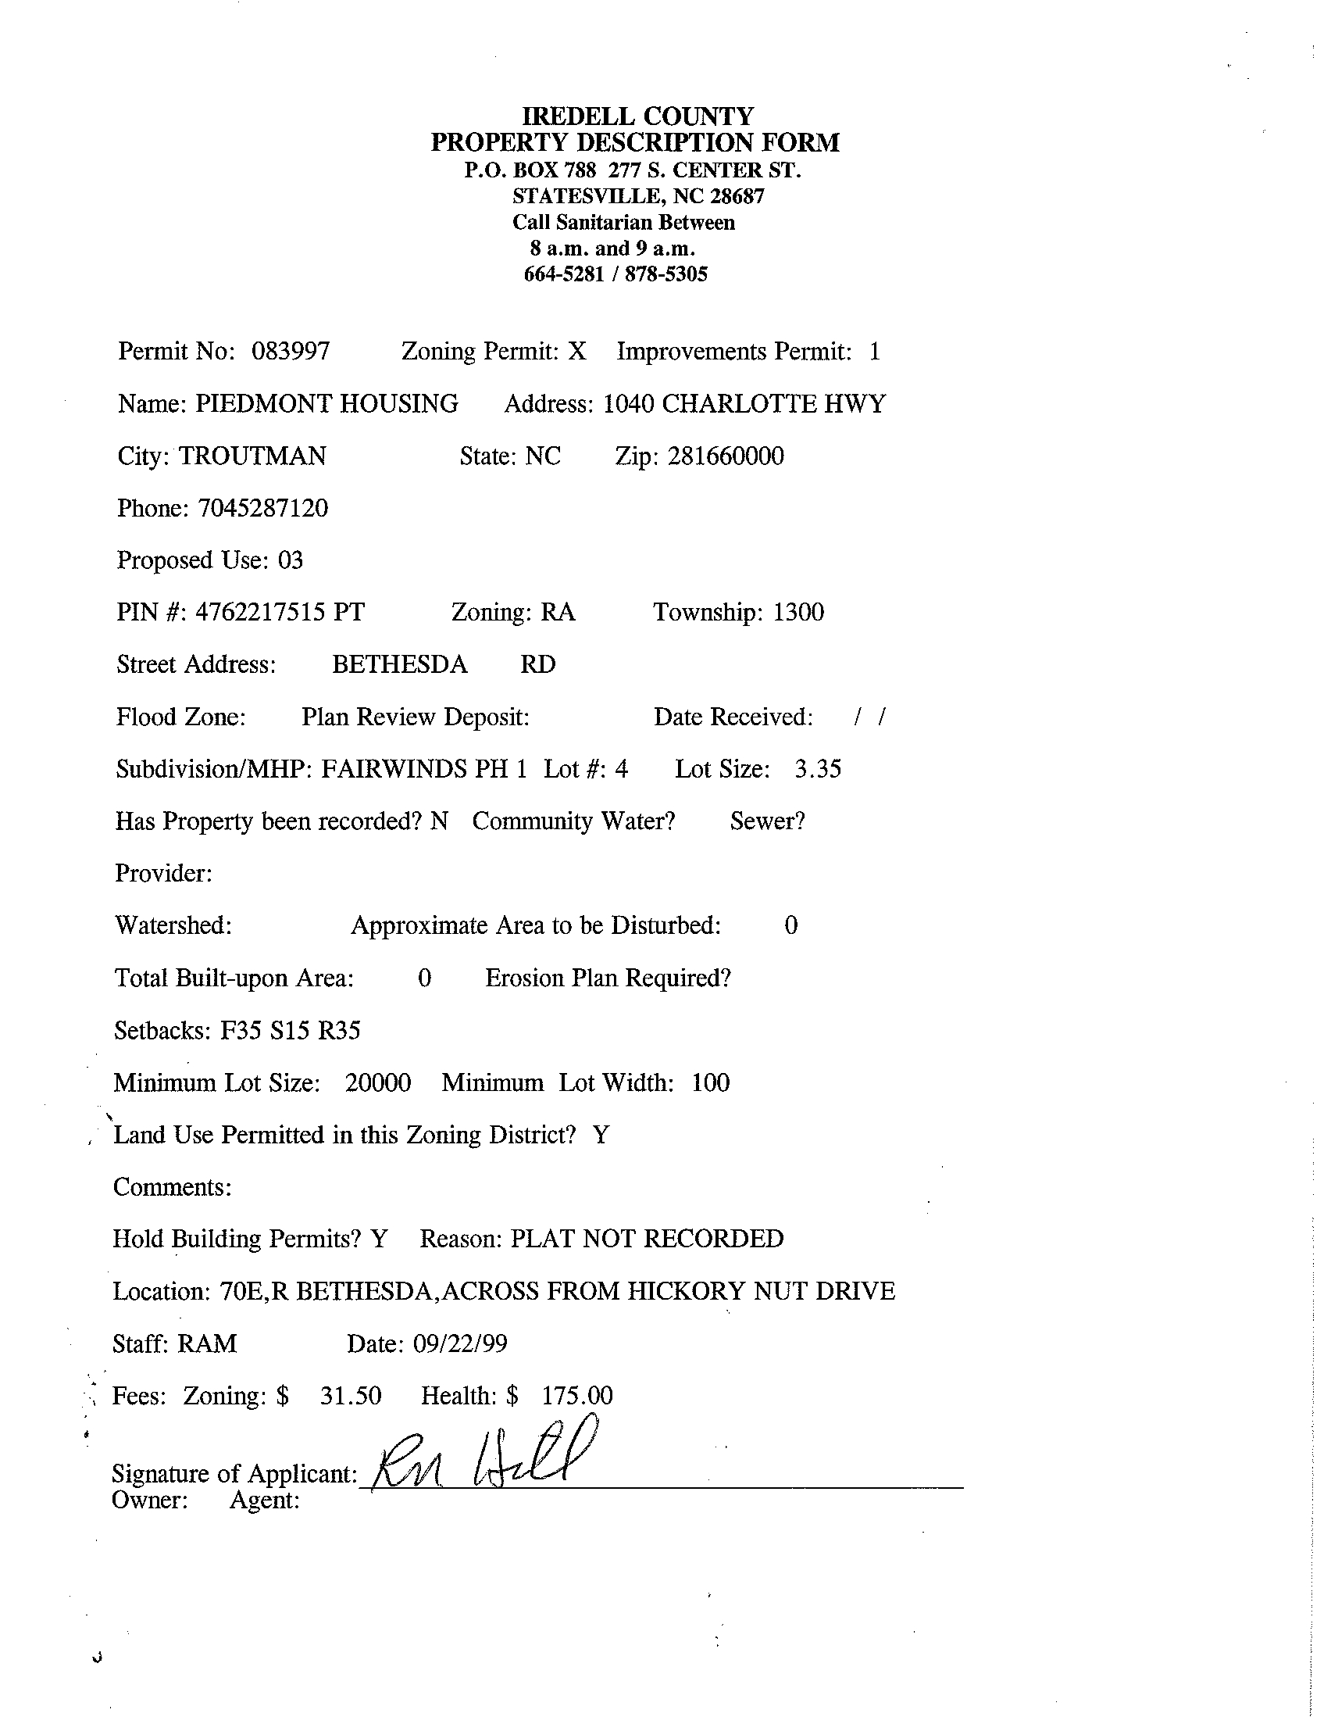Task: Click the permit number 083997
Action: click(290, 351)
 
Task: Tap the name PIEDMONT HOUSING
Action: click(327, 403)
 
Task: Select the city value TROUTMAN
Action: click(252, 456)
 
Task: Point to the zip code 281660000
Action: click(725, 456)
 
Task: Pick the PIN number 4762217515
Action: click(259, 612)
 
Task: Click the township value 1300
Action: click(798, 612)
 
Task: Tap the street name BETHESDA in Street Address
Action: click(399, 664)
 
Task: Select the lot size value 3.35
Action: click(817, 768)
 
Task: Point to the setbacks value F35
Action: click(240, 1030)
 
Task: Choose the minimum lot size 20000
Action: click(378, 1082)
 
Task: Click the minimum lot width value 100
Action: click(710, 1082)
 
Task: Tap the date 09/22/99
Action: click(459, 1343)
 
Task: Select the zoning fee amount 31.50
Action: click(351, 1396)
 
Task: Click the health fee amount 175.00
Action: click(576, 1396)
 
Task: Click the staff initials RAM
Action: click(207, 1343)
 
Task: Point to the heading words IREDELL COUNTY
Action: click(637, 116)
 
